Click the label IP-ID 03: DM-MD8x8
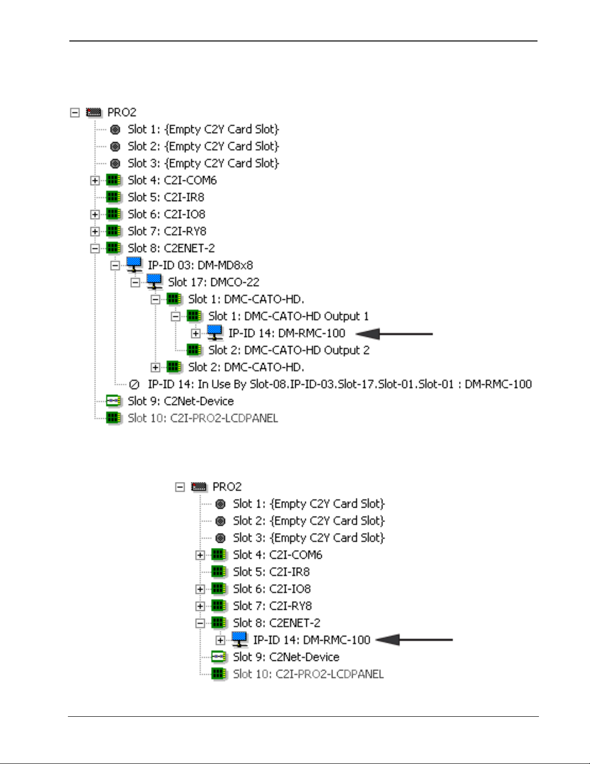(200, 266)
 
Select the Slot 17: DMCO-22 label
(213, 282)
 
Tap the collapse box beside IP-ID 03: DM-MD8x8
(115, 266)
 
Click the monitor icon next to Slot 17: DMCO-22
(154, 282)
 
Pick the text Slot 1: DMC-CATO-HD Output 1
(288, 316)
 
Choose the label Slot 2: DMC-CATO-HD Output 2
(288, 350)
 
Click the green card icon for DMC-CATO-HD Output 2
(194, 350)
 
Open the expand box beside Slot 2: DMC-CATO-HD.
(155, 368)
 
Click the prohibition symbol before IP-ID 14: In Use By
(134, 385)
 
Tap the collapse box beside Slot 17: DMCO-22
(135, 282)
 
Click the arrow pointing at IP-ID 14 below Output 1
(394, 334)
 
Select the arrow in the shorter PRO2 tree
(414, 640)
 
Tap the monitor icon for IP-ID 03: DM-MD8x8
(134, 265)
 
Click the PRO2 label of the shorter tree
(227, 487)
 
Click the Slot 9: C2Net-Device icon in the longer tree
(114, 401)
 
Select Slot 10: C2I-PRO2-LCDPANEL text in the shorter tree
(308, 674)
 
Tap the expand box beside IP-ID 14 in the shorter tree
(220, 641)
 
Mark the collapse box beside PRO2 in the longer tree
(75, 113)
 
